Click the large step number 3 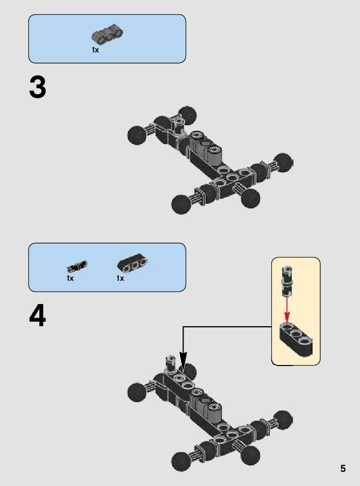(38, 88)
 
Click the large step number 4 (38, 317)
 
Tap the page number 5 (343, 468)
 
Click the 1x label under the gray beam (95, 50)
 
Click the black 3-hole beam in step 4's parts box (133, 264)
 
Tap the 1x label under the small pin (70, 278)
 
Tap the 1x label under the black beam (120, 278)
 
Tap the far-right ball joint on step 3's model (284, 162)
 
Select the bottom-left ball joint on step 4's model (181, 461)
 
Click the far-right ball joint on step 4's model (283, 419)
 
